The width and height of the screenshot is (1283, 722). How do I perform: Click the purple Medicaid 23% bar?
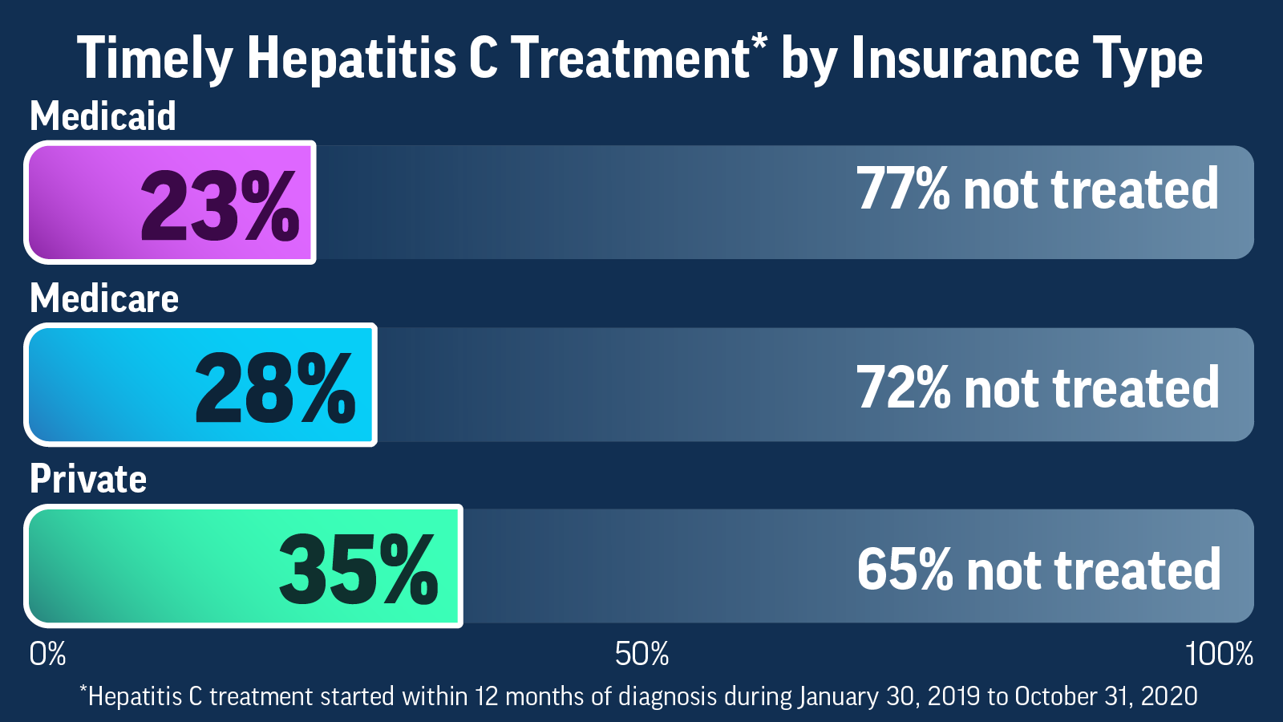click(170, 203)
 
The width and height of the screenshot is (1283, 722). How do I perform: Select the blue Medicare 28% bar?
click(200, 385)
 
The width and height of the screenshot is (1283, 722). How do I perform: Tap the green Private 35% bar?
click(243, 566)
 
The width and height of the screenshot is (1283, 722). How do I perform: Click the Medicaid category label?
click(103, 116)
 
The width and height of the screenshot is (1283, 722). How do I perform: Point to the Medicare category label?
click(104, 298)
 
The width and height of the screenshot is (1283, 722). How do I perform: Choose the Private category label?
click(88, 480)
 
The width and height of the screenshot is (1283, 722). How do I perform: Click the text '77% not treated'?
click(1037, 190)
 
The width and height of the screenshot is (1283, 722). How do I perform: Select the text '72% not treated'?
click(1037, 388)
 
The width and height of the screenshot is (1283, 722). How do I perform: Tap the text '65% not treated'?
click(1038, 570)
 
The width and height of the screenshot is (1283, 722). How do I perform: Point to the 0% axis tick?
click(47, 655)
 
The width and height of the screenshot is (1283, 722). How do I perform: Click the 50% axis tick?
click(641, 655)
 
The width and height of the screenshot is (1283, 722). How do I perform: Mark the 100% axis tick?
click(1219, 655)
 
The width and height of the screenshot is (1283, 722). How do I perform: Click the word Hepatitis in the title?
click(351, 59)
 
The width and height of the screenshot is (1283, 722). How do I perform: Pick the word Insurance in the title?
click(965, 59)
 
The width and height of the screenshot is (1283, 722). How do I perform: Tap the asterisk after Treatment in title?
click(759, 42)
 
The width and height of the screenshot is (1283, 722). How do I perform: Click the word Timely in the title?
click(154, 59)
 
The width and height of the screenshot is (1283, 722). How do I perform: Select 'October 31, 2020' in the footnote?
click(1106, 696)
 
